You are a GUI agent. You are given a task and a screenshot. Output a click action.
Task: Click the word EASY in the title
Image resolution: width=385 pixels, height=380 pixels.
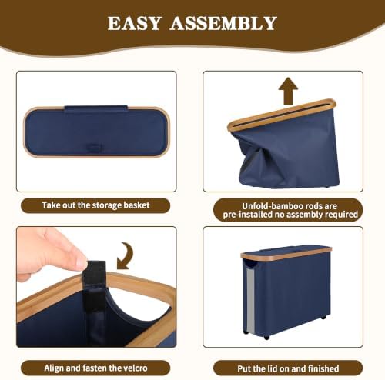click(x=135, y=23)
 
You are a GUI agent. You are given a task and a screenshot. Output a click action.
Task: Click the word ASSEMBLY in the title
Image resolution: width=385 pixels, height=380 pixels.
click(x=223, y=23)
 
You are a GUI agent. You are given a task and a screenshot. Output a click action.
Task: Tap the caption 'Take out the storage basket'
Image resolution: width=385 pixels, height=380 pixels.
click(x=95, y=205)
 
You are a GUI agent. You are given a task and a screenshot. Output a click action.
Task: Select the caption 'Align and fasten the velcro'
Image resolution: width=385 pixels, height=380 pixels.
click(x=95, y=368)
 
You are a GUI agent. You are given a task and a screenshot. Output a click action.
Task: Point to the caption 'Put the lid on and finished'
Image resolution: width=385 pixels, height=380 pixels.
click(x=288, y=368)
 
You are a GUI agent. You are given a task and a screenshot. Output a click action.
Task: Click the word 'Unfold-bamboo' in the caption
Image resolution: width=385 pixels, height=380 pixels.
click(x=272, y=206)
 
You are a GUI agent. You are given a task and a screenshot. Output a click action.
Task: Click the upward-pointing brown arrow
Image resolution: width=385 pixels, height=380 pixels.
click(x=288, y=91)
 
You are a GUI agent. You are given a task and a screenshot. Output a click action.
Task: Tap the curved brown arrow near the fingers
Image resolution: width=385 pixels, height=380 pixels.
click(x=125, y=256)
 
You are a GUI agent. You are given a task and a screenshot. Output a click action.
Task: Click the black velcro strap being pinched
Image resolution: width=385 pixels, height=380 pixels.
click(x=94, y=282)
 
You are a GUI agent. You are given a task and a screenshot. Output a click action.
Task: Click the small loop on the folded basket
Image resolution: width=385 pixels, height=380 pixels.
click(x=93, y=148)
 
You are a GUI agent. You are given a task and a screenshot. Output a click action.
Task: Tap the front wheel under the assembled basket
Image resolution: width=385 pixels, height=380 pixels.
click(x=266, y=337)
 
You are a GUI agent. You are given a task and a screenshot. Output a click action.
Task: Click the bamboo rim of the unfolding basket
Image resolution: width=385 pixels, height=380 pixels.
click(x=282, y=115)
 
